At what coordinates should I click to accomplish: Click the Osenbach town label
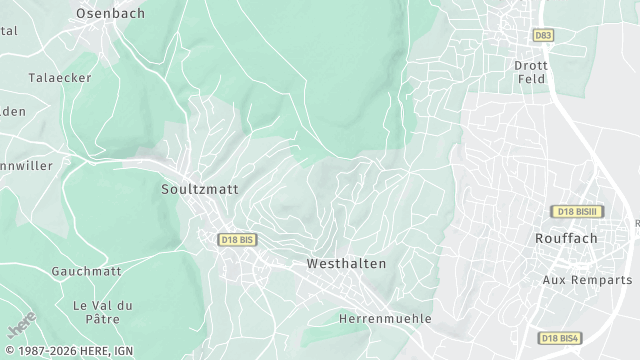click(110, 14)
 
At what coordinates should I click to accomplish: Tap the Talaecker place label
click(60, 78)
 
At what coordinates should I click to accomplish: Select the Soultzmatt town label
click(200, 187)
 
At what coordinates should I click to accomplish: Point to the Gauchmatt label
click(86, 271)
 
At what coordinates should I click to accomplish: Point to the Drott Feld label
click(530, 71)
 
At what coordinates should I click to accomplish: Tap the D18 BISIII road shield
click(578, 212)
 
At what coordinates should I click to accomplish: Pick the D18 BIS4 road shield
click(560, 338)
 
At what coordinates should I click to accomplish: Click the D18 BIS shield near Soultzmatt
click(237, 239)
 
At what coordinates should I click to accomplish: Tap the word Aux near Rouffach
click(554, 279)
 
